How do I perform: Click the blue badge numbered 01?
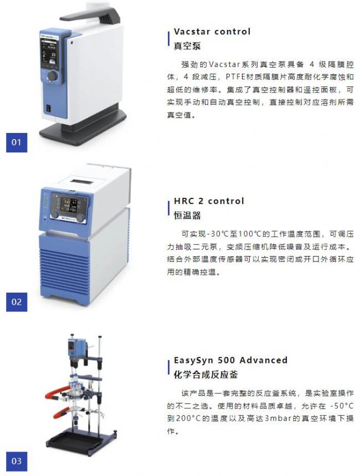pyautogui.click(x=17, y=142)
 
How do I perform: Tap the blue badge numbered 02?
pyautogui.click(x=17, y=302)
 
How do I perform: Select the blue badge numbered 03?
pyautogui.click(x=17, y=462)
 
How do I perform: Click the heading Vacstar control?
pyautogui.click(x=212, y=31)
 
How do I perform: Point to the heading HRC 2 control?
pyautogui.click(x=209, y=201)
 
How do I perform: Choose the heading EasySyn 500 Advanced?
pyautogui.click(x=230, y=360)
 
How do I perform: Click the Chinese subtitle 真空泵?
pyautogui.click(x=187, y=46)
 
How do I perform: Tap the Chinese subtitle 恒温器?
pyautogui.click(x=187, y=216)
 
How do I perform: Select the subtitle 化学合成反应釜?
pyautogui.click(x=206, y=375)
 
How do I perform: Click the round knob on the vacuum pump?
pyautogui.click(x=53, y=76)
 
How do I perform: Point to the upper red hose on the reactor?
pyautogui.click(x=58, y=392)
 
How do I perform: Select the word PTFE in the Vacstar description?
pyautogui.click(x=235, y=77)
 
